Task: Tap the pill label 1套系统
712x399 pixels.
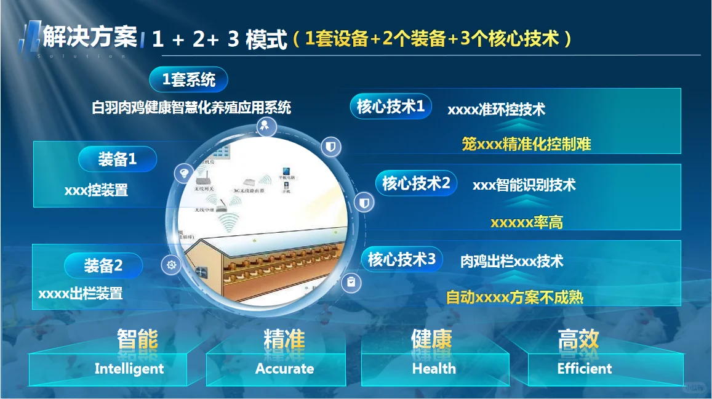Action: click(x=188, y=79)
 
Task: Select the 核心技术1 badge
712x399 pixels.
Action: click(x=391, y=107)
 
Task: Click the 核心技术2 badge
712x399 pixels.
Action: click(x=416, y=183)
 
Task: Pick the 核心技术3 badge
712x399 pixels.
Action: click(x=401, y=259)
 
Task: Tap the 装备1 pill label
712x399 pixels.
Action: click(x=118, y=159)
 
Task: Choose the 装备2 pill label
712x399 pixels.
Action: click(x=103, y=265)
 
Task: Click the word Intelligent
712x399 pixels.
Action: click(x=129, y=369)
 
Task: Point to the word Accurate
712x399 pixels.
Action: click(x=284, y=369)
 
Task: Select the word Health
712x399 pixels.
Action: click(x=434, y=369)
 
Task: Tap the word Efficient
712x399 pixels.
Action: click(x=585, y=369)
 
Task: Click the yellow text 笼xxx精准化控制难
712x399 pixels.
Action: click(x=526, y=144)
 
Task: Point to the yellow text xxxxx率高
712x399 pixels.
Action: click(x=526, y=222)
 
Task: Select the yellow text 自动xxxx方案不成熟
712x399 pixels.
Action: click(x=514, y=297)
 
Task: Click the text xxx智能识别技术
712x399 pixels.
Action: click(x=524, y=185)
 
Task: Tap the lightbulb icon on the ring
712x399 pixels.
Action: click(x=183, y=172)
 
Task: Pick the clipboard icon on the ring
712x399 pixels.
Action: click(x=351, y=282)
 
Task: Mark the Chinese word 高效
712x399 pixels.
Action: click(x=578, y=339)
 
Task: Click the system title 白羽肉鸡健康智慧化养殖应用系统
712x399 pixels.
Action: click(x=191, y=108)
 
